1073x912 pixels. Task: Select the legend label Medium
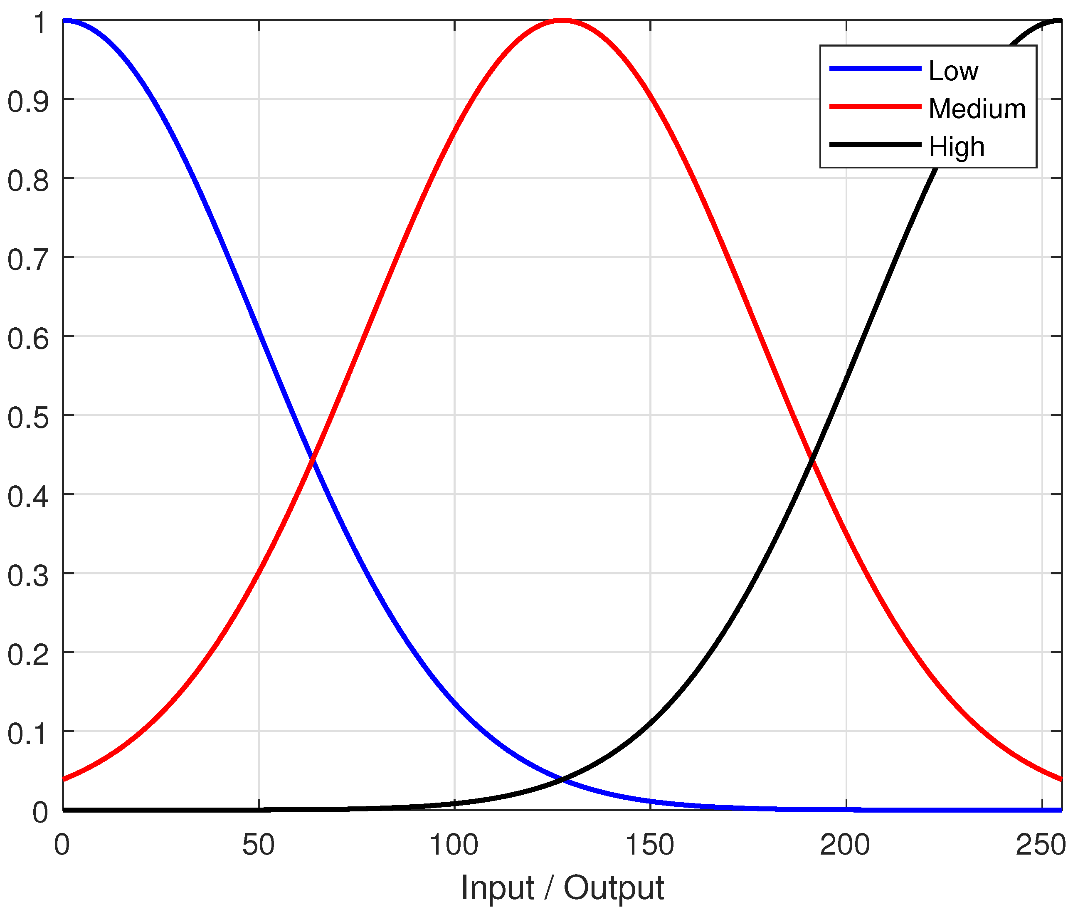(977, 109)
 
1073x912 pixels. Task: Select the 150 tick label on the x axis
(649, 845)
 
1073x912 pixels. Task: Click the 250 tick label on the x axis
(1041, 845)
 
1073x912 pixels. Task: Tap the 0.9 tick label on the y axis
(28, 101)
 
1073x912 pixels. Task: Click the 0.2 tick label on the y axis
(28, 654)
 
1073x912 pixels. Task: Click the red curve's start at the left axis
(64, 779)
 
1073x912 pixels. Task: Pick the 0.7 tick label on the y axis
(28, 259)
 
